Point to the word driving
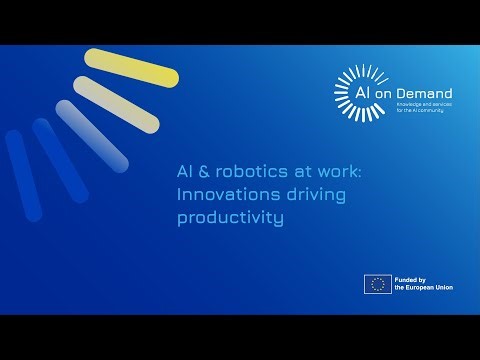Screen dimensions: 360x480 click(297, 194)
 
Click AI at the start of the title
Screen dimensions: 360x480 click(183, 172)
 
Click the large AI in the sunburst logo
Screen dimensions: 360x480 click(367, 90)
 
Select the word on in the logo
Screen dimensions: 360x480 click(391, 90)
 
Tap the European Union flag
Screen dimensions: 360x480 click(378, 283)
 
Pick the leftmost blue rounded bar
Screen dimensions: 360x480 click(23, 174)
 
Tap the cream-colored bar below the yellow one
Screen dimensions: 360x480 click(117, 104)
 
